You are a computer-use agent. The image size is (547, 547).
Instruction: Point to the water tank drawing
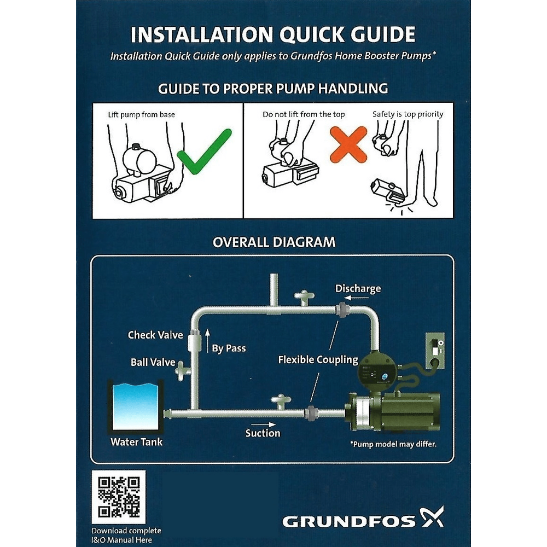tap(136, 407)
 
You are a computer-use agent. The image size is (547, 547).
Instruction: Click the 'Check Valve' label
tap(155, 335)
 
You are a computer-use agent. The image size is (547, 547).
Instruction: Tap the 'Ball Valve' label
tap(153, 362)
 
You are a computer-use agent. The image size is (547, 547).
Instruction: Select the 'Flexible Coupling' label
tap(318, 360)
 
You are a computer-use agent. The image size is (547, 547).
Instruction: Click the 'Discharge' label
tap(358, 288)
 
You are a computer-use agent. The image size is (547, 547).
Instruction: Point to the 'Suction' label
tap(263, 433)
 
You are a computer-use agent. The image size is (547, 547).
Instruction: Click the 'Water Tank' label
tap(136, 442)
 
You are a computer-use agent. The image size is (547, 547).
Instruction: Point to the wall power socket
tap(435, 348)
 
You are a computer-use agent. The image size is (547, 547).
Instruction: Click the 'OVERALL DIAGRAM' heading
tap(273, 241)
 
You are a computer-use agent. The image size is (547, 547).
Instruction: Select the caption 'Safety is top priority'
tap(408, 114)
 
